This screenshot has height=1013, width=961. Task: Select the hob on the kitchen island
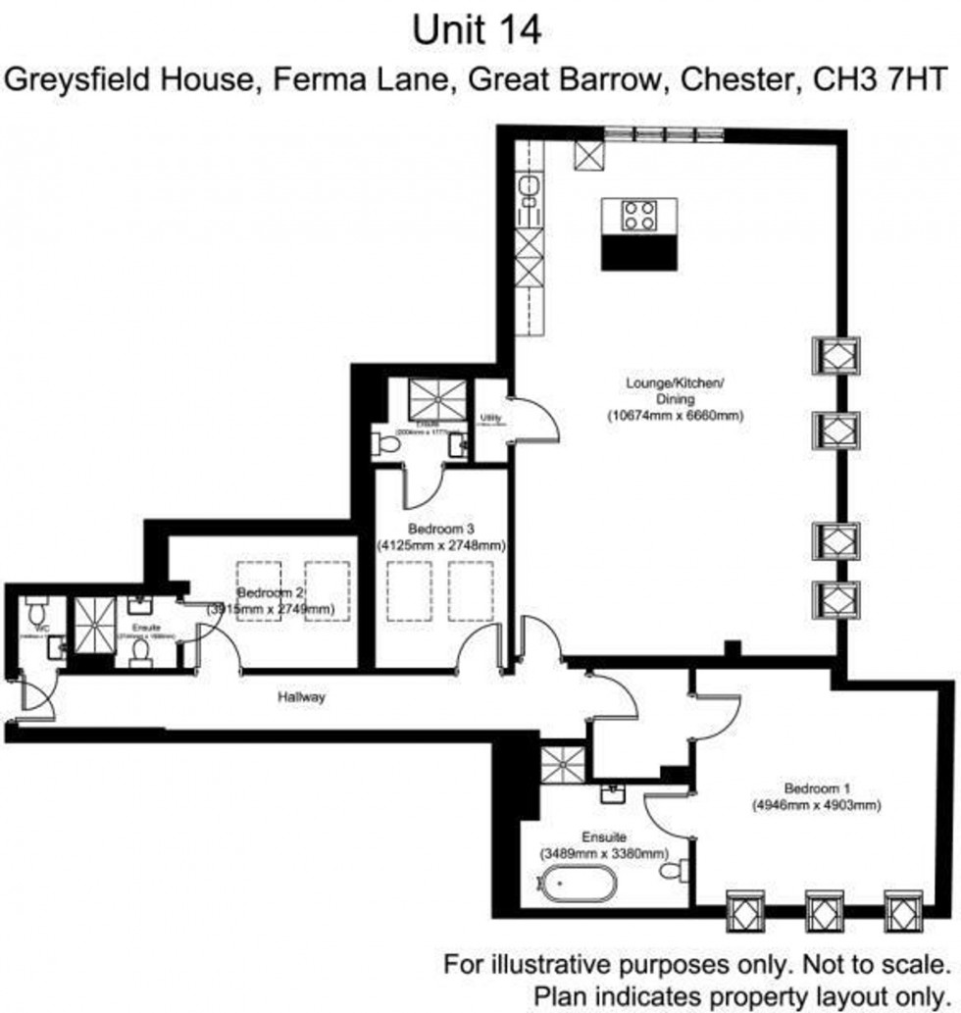point(638,215)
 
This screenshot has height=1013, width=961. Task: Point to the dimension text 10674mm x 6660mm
point(675,415)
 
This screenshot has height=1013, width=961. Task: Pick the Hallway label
point(300,697)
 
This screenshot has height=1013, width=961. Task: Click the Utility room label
point(491,419)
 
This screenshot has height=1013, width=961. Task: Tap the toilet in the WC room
point(38,614)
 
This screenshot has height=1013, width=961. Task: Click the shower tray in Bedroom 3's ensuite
point(433,397)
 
